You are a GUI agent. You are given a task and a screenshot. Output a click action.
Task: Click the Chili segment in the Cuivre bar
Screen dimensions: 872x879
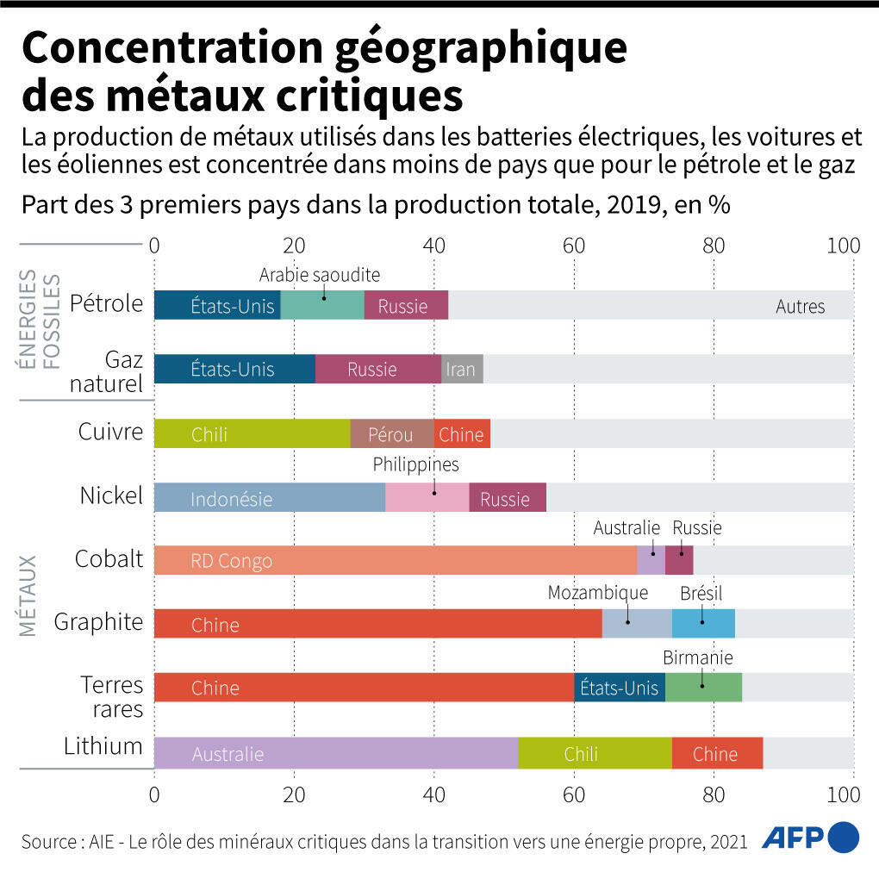click(252, 434)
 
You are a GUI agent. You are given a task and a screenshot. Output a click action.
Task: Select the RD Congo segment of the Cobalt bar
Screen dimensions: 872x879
click(395, 561)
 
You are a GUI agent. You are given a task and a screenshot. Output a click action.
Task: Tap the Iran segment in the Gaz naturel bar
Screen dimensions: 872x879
click(462, 370)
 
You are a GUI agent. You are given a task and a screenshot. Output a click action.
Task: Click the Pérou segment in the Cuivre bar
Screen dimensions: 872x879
click(391, 434)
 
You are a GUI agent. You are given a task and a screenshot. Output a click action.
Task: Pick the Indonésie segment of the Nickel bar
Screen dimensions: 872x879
click(269, 498)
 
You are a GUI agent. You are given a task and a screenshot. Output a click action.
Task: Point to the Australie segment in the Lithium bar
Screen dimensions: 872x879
click(336, 754)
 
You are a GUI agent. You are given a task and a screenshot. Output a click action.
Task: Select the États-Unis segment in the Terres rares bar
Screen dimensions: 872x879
click(619, 688)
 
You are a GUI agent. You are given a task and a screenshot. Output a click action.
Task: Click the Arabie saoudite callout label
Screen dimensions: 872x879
click(320, 275)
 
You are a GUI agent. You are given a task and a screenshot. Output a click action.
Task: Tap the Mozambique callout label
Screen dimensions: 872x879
click(597, 593)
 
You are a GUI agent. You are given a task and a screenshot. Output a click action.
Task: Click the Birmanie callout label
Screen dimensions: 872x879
click(697, 657)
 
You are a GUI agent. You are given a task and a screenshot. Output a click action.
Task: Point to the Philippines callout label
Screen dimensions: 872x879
click(415, 465)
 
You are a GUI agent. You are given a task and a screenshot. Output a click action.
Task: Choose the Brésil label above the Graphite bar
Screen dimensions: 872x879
click(701, 593)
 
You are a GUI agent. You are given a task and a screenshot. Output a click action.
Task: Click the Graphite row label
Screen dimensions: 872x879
click(98, 621)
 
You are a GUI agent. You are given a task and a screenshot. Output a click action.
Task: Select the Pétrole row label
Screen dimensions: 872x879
click(106, 303)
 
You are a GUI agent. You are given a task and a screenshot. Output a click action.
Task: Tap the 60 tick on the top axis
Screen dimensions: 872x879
click(574, 246)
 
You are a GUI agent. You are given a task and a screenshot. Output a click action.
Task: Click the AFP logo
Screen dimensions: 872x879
click(811, 837)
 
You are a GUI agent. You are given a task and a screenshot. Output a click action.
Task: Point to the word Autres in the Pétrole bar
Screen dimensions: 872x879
click(800, 306)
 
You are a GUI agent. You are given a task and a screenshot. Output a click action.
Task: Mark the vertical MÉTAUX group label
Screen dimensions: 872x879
click(28, 595)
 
